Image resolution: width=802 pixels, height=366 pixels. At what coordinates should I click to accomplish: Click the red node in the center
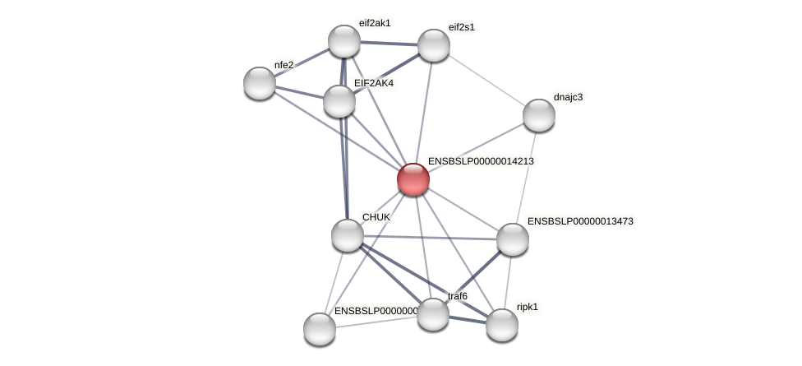point(413,179)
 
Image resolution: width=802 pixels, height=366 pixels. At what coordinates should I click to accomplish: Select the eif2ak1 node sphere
point(344,41)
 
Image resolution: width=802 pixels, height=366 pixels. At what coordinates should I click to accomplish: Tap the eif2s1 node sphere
point(434,45)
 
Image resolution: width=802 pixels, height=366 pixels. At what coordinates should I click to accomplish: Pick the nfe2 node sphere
point(260,83)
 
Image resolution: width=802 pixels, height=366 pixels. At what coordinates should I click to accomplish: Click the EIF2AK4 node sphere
point(339,101)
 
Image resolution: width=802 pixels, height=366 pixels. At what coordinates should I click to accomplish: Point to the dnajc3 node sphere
point(539,115)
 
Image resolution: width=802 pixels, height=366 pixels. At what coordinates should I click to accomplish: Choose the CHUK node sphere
point(348,235)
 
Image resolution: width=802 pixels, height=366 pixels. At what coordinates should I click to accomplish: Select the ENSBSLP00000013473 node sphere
point(513,239)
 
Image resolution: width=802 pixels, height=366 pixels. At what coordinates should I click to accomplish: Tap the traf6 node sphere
point(433,313)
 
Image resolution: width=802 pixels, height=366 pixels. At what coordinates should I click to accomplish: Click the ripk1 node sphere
point(502,325)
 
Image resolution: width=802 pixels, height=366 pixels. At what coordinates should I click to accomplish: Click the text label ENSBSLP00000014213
point(481,162)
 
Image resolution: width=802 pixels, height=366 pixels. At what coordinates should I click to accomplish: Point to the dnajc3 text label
point(568,97)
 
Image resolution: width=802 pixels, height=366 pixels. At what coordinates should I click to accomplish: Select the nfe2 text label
point(283,65)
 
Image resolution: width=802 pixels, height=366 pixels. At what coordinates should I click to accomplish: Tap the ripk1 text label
point(528,307)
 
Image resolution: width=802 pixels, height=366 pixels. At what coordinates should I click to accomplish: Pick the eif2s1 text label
point(461,27)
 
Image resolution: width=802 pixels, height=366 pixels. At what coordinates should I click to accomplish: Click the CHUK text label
point(376,217)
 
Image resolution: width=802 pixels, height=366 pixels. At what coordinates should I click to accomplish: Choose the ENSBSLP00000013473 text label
point(580,221)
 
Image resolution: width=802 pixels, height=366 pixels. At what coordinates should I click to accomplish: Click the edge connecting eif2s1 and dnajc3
point(486,80)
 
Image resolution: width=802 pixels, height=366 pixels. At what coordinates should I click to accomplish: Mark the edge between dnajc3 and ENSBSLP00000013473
point(526,177)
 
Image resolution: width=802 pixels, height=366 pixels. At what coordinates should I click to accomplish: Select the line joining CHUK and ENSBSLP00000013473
point(430,238)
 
